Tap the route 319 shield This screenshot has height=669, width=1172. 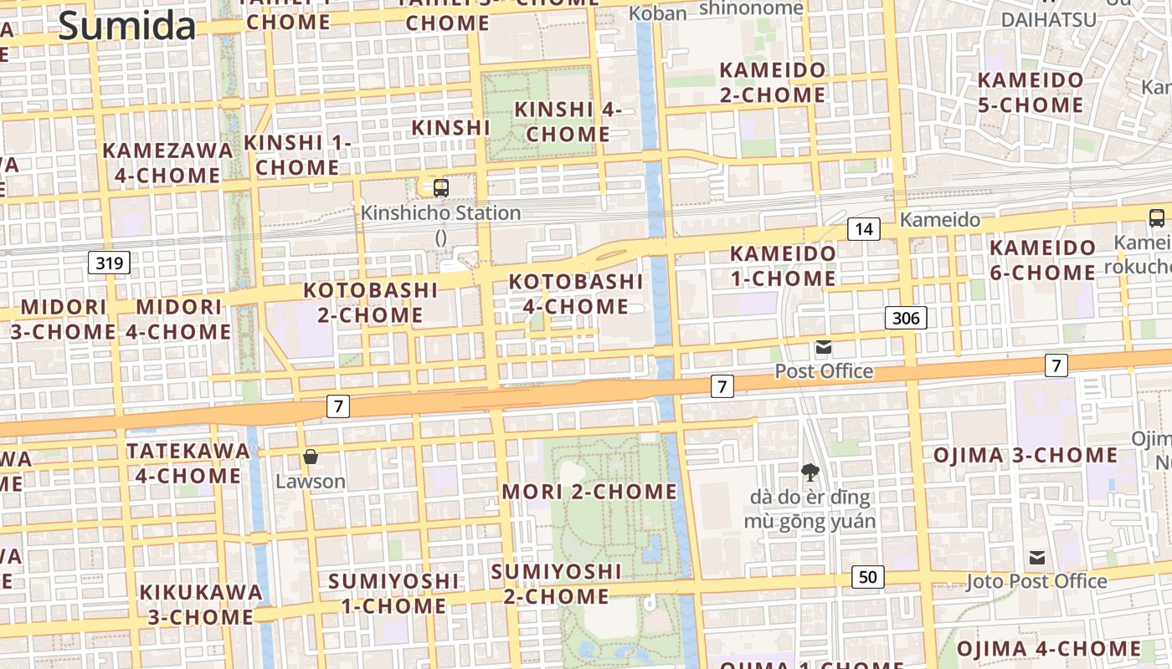coord(110,263)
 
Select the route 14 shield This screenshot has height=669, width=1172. coord(864,228)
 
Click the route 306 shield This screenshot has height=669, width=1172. coord(906,318)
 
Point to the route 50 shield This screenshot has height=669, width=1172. coord(868,576)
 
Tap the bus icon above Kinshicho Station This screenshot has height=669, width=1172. coord(441,187)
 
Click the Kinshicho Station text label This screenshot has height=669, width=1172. coord(440,213)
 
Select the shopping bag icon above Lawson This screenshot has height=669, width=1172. coord(311,457)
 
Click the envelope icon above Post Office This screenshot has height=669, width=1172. coord(824,347)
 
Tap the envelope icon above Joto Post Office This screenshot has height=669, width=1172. coord(1037,558)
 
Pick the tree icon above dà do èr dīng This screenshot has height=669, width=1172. coord(810,472)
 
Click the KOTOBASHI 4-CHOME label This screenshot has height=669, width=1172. coord(576,294)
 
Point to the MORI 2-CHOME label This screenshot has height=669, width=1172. coord(589,492)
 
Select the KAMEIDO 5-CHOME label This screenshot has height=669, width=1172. coord(1031,93)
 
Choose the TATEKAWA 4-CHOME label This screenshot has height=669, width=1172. coord(188,463)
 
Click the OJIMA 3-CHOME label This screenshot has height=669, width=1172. coord(1025,456)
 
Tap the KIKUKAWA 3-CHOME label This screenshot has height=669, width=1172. coord(201,605)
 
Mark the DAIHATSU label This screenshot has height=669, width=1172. coord(1048,19)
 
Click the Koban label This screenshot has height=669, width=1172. coord(657,13)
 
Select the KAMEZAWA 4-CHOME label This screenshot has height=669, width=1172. coord(167,163)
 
